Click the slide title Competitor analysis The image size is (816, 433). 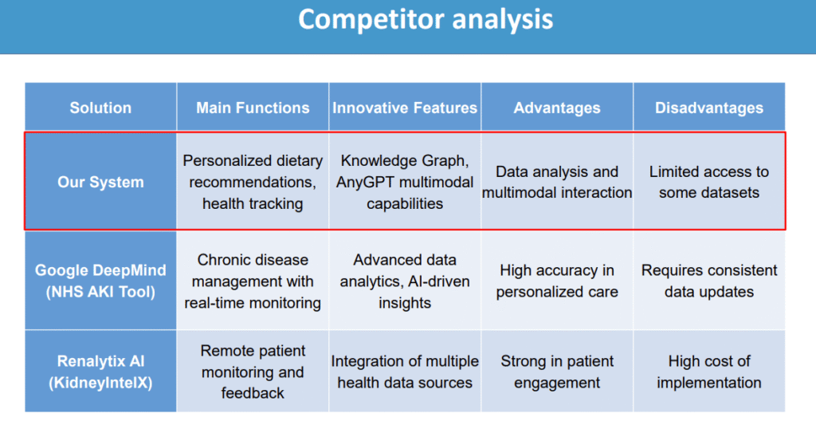point(426,20)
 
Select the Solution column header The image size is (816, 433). point(100,108)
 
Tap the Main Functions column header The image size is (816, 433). point(253,108)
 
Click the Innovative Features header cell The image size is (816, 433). point(405,108)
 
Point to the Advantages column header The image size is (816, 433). point(557,108)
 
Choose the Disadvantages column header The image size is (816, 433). point(708,108)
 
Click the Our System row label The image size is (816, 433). point(100,182)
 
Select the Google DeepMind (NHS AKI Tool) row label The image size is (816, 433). point(100,281)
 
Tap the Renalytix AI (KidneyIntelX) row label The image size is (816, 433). point(100,372)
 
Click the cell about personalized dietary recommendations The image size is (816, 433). point(253,182)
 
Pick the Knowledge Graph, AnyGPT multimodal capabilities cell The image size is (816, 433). point(405,182)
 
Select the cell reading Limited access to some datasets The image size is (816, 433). point(708,182)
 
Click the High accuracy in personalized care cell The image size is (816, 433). point(557,281)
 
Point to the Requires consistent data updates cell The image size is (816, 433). point(708,281)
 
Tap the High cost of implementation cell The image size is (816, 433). point(708,372)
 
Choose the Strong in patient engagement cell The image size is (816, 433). point(557,372)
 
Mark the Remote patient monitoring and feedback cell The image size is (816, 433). point(253,372)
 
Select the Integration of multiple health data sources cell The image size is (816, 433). point(405,372)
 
